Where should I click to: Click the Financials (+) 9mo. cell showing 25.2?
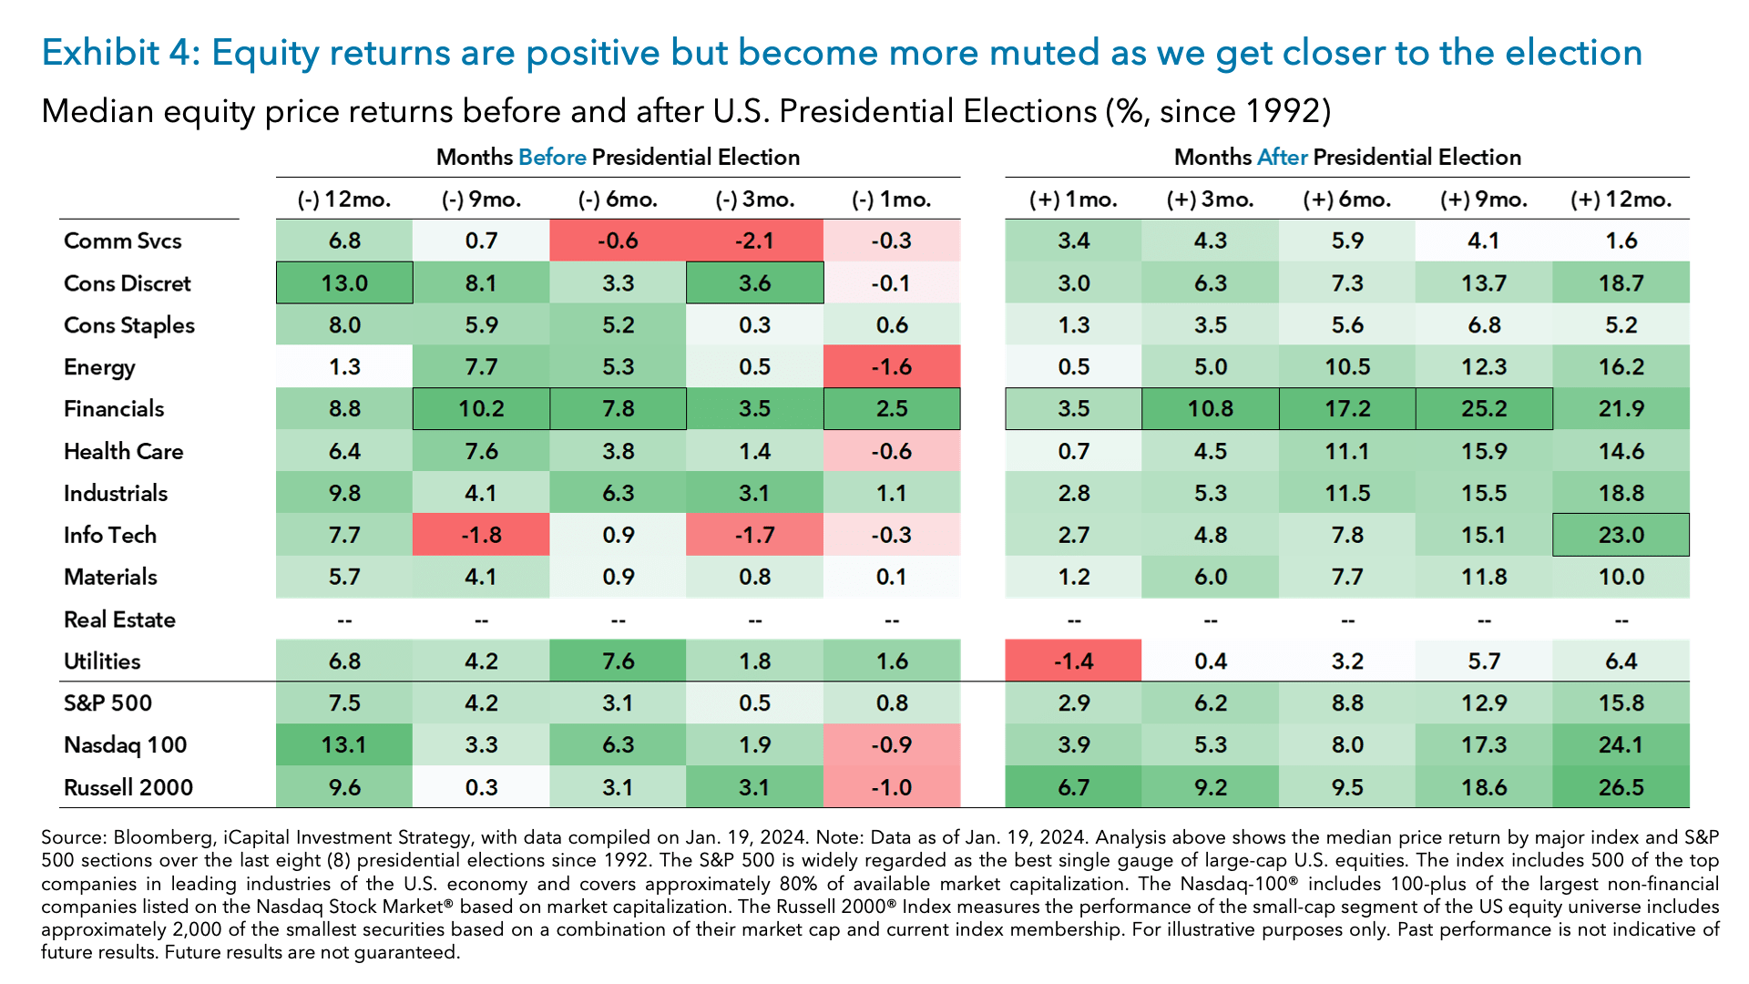tap(1484, 409)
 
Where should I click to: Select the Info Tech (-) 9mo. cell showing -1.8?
tap(481, 535)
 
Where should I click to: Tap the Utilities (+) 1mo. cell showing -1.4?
tap(1073, 661)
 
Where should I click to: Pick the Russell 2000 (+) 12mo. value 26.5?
tap(1621, 787)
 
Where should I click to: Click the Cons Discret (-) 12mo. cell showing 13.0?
tap(344, 283)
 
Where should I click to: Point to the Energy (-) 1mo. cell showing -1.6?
tap(891, 367)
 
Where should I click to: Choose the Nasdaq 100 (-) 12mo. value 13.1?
tap(344, 745)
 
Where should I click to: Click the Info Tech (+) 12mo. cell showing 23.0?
tap(1621, 535)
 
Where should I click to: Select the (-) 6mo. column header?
tap(618, 200)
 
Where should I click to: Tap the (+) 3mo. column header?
tap(1210, 200)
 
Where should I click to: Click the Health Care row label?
tap(123, 451)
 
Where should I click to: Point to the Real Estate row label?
tap(119, 620)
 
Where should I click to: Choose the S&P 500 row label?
tap(107, 703)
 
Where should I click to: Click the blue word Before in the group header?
tap(552, 157)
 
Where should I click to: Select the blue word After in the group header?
tap(1282, 157)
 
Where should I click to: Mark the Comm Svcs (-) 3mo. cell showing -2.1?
tap(754, 241)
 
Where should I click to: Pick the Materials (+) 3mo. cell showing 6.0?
tap(1210, 577)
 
